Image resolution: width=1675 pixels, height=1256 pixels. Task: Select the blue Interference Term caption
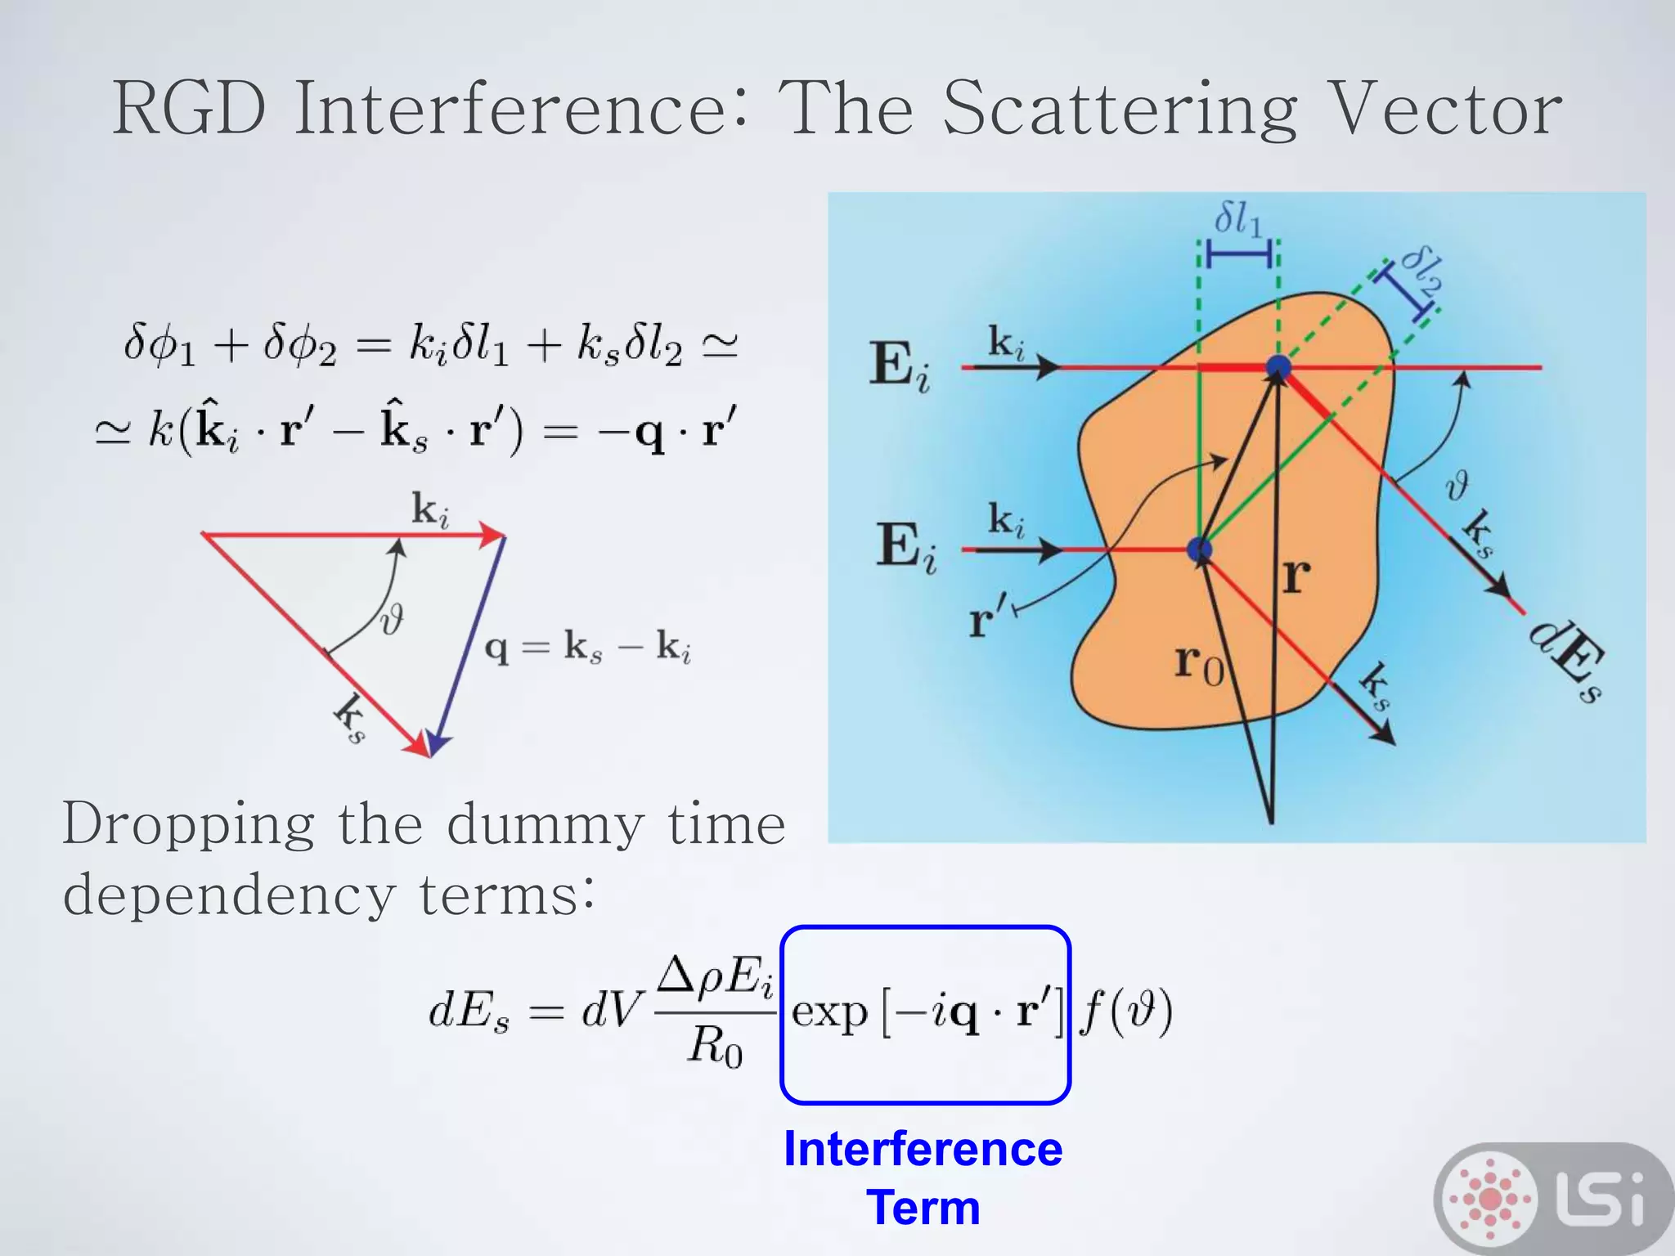[923, 1177]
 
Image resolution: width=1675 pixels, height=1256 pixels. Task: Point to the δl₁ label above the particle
[1238, 219]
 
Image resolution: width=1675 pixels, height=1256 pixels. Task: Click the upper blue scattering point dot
[1278, 368]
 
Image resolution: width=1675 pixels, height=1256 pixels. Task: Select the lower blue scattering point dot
[1199, 549]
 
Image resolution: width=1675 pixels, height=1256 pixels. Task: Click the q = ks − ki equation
[588, 648]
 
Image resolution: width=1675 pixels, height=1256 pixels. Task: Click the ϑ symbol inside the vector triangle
[392, 619]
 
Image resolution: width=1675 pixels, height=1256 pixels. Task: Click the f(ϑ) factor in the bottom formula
[1126, 1012]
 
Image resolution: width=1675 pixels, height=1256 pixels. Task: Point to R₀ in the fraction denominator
[714, 1047]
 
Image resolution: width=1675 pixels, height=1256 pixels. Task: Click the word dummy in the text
[546, 825]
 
